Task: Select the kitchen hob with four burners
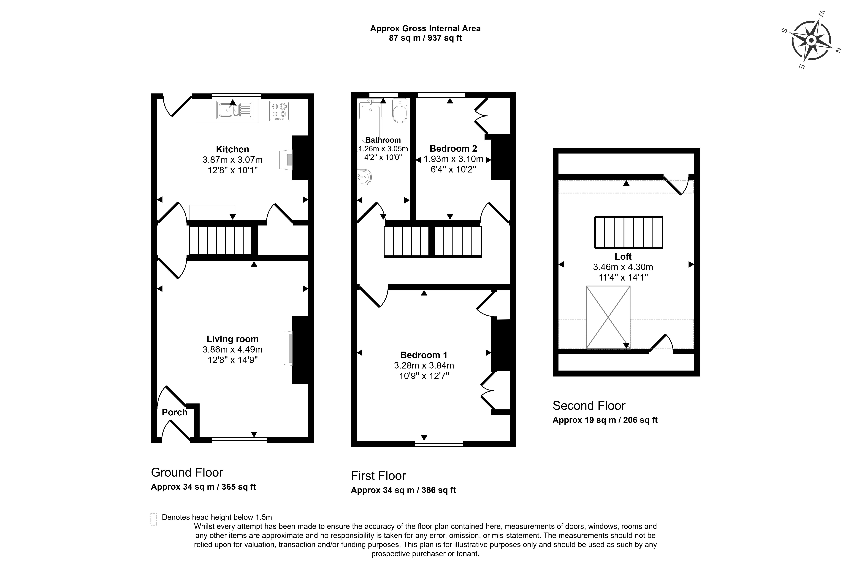279,111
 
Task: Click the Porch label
174,412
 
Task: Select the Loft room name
623,257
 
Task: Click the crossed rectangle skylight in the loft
608,317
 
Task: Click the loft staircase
628,232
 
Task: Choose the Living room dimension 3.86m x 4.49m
232,349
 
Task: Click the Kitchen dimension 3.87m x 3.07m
232,160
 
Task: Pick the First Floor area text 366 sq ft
439,490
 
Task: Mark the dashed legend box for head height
154,519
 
